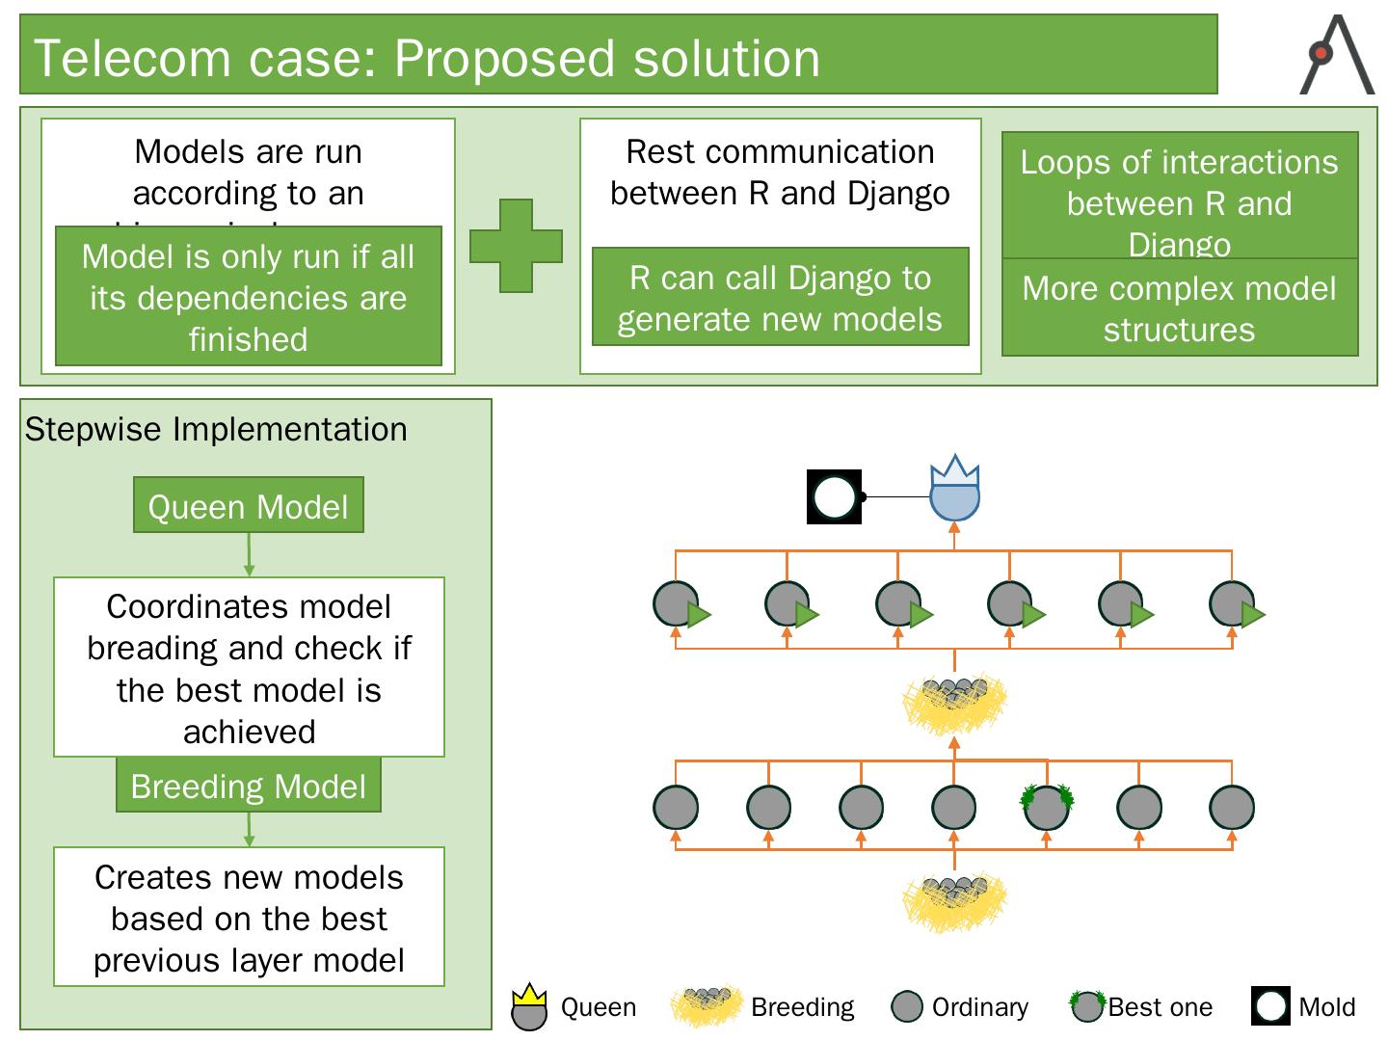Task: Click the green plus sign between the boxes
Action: coord(516,246)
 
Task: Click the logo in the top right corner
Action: coord(1337,55)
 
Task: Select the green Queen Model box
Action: coord(249,505)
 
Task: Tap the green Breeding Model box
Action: coord(249,786)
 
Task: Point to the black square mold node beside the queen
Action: coord(834,497)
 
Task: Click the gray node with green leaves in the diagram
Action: coord(1047,806)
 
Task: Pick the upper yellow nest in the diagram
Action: coord(954,704)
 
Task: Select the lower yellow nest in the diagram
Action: coord(954,901)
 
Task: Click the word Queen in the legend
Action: coord(599,1007)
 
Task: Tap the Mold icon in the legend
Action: coord(1271,1006)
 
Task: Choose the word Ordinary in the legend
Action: coord(979,1007)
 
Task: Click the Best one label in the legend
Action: coord(1161,1007)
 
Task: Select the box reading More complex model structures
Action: coord(1180,308)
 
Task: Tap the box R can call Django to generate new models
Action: coord(780,298)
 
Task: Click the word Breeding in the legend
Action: coord(802,1007)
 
